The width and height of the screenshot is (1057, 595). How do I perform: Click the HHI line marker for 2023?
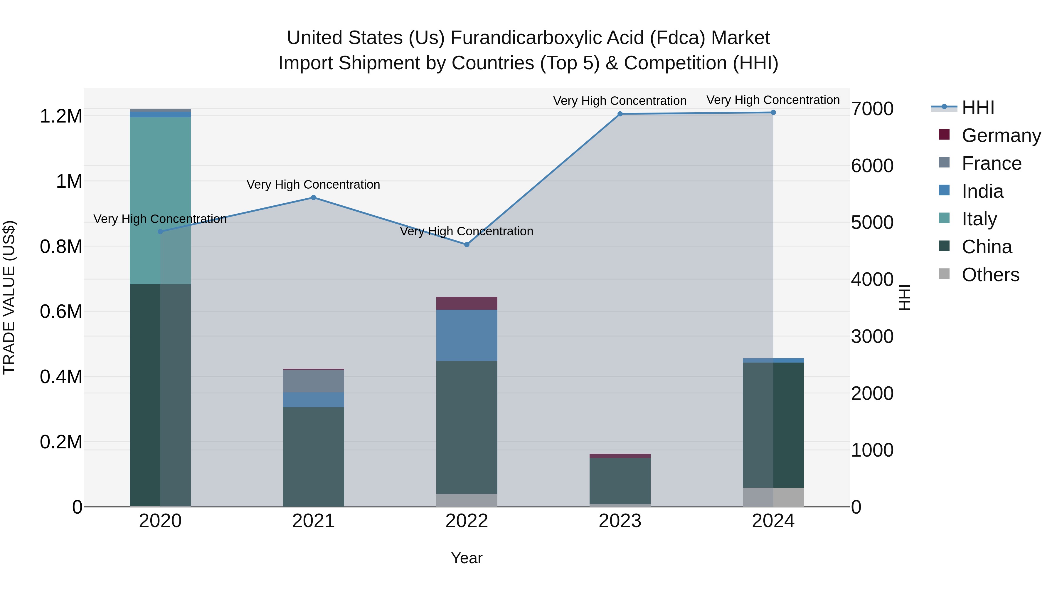(620, 114)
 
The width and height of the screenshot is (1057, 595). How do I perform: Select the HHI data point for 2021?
(314, 197)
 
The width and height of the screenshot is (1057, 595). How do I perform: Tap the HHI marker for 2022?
(467, 245)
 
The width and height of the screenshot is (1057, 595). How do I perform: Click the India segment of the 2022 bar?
(467, 335)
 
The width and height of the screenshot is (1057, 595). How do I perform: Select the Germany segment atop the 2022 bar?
(467, 303)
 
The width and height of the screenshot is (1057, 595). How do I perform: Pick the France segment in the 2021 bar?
(314, 381)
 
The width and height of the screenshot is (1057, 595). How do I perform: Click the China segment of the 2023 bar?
(620, 480)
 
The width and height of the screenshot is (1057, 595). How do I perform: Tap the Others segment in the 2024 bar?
(773, 497)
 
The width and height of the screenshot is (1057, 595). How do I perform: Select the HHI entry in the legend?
(978, 108)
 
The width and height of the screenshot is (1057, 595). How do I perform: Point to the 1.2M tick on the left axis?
(61, 116)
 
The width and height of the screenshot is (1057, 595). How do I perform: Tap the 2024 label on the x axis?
(773, 521)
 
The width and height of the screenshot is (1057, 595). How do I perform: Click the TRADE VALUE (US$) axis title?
(9, 297)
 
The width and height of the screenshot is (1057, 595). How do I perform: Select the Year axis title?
(467, 558)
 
